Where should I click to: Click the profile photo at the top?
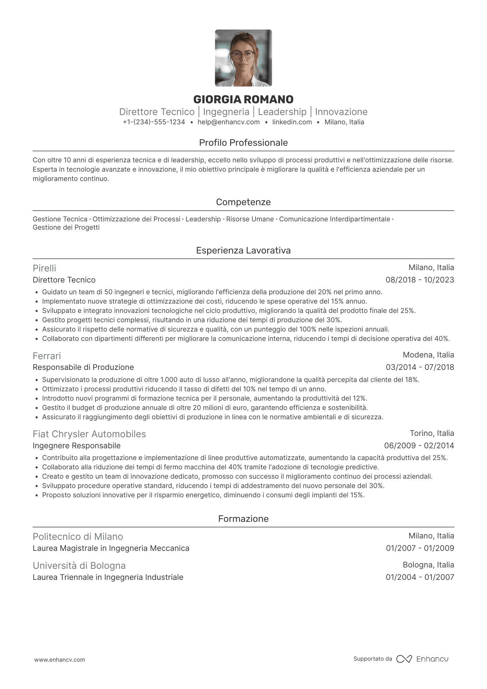click(243, 58)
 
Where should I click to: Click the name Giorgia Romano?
click(243, 99)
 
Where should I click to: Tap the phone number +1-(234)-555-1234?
click(154, 122)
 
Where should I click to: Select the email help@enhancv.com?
click(229, 122)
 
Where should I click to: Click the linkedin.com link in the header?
click(292, 122)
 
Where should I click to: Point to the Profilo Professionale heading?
click(243, 143)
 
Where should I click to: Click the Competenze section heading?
click(243, 202)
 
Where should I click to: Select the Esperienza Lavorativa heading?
click(243, 250)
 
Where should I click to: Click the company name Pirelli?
click(44, 268)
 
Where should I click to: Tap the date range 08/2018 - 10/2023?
click(420, 280)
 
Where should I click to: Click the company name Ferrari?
click(47, 356)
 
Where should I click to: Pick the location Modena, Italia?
click(428, 355)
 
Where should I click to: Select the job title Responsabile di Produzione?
click(83, 367)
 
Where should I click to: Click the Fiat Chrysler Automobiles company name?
click(89, 434)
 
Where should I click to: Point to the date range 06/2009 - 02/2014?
click(419, 446)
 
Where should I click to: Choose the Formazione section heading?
click(243, 519)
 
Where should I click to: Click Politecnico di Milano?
click(78, 537)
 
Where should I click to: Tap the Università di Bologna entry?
click(79, 566)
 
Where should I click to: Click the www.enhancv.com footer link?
click(59, 660)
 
